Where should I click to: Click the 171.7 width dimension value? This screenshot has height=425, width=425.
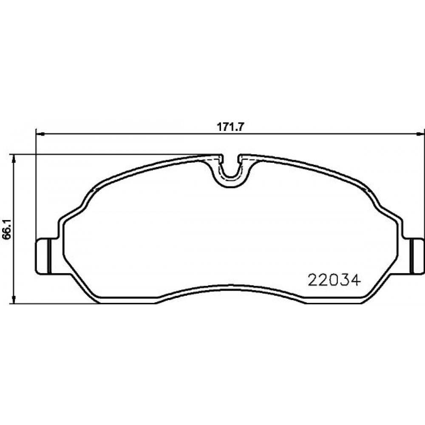pyautogui.click(x=231, y=127)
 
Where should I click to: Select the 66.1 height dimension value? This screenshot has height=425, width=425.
pyautogui.click(x=6, y=229)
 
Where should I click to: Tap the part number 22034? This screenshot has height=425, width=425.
pyautogui.click(x=334, y=280)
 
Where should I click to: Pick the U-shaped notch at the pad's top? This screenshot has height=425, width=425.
pyautogui.click(x=230, y=173)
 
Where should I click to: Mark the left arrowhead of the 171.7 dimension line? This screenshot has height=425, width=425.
pyautogui.click(x=40, y=133)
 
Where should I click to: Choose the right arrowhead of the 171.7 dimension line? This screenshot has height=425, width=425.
pyautogui.click(x=420, y=133)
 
